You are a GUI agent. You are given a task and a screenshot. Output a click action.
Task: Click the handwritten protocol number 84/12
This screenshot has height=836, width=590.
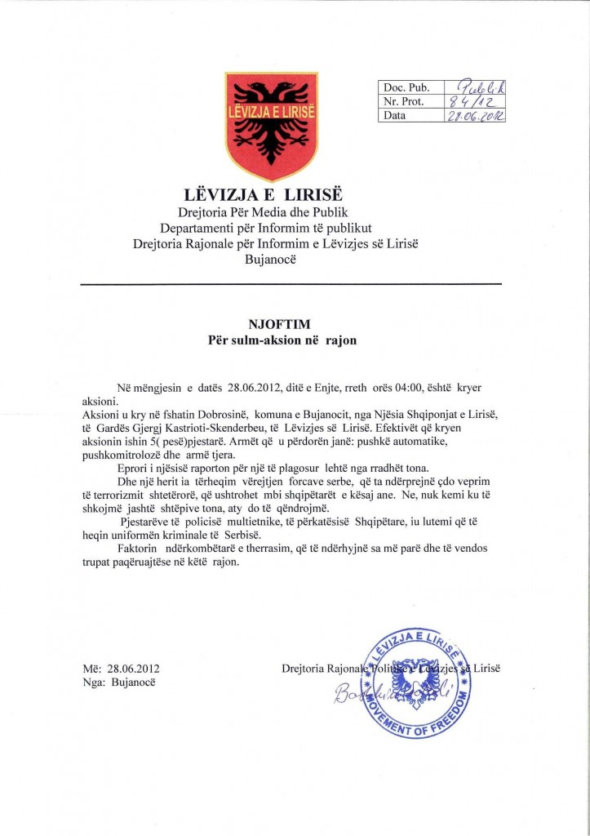point(472,101)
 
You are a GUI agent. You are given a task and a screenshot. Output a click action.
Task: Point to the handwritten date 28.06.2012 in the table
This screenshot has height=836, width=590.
point(473,116)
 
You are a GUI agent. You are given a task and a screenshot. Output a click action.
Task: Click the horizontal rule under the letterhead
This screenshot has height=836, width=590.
point(290,283)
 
